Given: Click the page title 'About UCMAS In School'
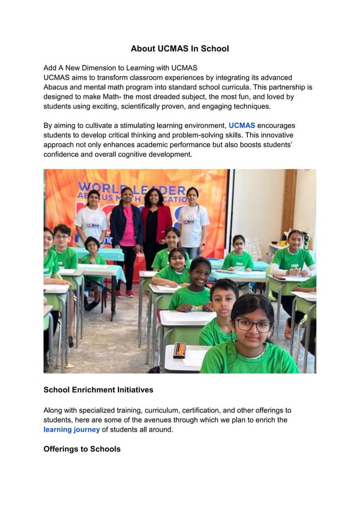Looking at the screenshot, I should (179, 49).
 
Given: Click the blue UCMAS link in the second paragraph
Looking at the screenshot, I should (242, 125).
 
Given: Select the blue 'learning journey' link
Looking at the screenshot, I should (72, 429).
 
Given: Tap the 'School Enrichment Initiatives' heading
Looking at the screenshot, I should (98, 390).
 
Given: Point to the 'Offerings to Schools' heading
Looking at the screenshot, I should (82, 449).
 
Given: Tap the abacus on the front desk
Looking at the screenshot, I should (179, 350).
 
